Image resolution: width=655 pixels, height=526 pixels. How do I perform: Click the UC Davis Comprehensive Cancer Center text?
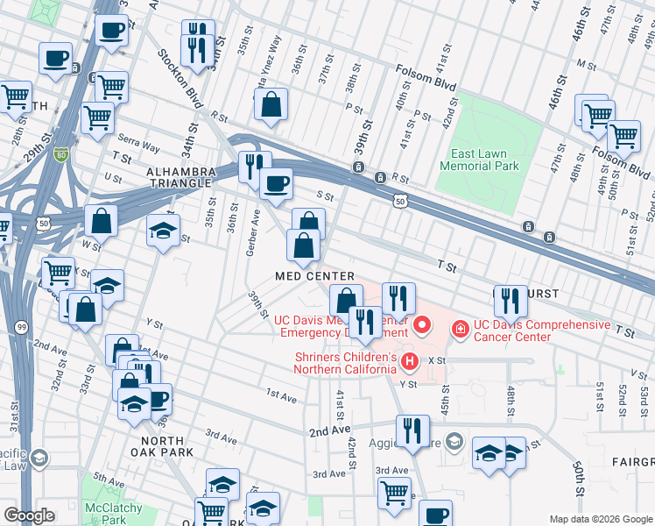(x=542, y=331)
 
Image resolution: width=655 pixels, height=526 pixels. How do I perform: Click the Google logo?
(x=30, y=515)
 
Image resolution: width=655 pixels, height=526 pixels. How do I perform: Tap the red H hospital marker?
(x=407, y=360)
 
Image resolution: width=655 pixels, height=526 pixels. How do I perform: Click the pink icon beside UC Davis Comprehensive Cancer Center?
(x=459, y=329)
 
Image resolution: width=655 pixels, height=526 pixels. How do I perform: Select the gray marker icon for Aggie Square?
(x=453, y=439)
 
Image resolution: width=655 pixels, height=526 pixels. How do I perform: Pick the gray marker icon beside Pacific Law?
(x=39, y=458)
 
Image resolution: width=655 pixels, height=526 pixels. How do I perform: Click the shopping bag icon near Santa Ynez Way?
(x=271, y=104)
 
